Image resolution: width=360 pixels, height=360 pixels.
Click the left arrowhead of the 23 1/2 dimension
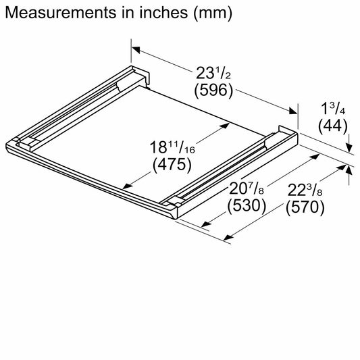click(x=136, y=49)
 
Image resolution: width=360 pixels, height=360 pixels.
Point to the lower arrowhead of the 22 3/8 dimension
click(x=228, y=236)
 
